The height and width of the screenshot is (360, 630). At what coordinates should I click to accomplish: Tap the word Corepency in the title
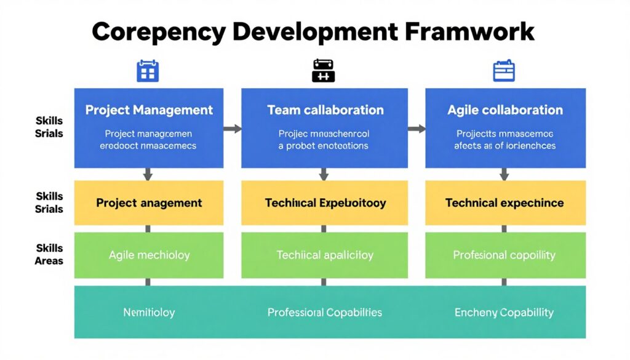tap(161, 32)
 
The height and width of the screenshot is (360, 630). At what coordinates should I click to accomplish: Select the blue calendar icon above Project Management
tap(148, 71)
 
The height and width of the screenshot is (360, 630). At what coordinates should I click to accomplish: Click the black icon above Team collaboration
tap(324, 71)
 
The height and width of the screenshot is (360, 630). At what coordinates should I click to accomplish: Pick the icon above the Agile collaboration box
tap(504, 71)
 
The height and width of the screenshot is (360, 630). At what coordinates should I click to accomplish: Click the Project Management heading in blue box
tap(149, 110)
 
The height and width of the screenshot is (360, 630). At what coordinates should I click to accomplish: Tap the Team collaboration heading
tap(325, 110)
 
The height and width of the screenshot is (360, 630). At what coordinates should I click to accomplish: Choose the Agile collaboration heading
tap(505, 110)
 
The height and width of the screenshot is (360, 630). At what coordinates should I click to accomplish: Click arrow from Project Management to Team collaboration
tap(232, 129)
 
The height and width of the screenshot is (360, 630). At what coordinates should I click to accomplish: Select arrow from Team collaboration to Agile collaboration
tap(417, 129)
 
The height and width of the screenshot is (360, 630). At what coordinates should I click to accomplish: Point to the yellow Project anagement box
tap(149, 202)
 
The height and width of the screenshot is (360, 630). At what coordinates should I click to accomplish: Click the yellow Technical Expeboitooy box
tap(325, 202)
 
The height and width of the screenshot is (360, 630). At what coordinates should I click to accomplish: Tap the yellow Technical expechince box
tap(505, 202)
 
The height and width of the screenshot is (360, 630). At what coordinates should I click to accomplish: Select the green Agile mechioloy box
tap(149, 255)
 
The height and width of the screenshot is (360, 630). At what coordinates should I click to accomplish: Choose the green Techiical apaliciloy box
tap(325, 255)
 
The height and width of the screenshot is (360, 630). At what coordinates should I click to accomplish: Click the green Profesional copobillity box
tap(505, 255)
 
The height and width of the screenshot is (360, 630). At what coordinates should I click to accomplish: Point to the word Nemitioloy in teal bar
tap(149, 313)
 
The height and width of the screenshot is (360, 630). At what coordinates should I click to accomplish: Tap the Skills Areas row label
tap(49, 254)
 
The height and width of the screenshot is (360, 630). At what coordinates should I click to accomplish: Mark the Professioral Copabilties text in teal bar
tap(325, 313)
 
